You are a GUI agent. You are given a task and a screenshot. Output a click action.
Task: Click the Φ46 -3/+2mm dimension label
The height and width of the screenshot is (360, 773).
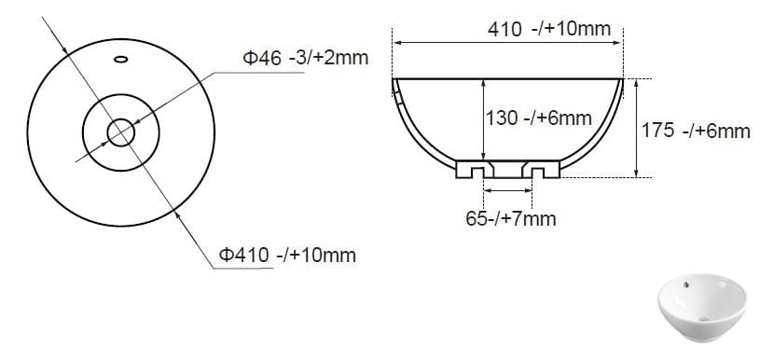(306, 58)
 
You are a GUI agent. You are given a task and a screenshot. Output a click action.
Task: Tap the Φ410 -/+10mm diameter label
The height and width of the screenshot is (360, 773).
(287, 255)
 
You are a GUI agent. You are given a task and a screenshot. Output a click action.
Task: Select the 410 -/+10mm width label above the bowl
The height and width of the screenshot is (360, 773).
(549, 29)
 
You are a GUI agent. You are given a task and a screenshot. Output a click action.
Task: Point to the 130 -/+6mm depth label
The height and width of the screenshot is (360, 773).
(539, 118)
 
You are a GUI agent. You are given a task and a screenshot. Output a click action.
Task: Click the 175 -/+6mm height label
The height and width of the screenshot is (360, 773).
(696, 131)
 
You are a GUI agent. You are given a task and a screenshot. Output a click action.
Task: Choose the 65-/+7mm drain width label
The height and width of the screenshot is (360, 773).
(511, 218)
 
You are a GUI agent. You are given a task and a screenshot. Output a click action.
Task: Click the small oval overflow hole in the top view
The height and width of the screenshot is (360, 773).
(121, 59)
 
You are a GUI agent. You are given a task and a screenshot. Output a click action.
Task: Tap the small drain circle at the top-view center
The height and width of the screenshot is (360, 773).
(121, 132)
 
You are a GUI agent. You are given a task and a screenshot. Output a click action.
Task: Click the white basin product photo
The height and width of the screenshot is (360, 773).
(701, 308)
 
